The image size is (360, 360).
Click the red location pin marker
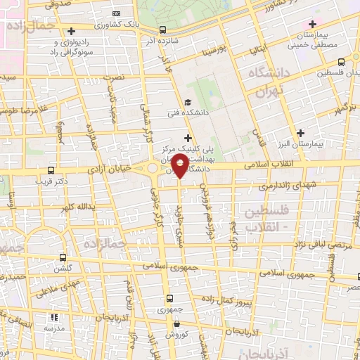coord(181,166)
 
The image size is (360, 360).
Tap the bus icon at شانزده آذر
coord(163,30)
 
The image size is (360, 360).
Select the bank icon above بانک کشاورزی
coord(116,13)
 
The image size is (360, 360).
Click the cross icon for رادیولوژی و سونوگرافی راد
coord(71,31)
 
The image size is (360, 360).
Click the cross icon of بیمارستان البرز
coord(301,132)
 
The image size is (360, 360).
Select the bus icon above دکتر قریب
coord(51,170)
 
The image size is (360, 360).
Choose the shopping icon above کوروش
coord(176,324)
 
